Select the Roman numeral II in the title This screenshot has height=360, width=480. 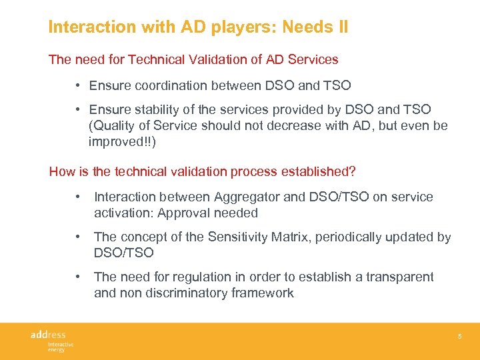[341, 27]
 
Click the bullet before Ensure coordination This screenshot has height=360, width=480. [78, 85]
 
